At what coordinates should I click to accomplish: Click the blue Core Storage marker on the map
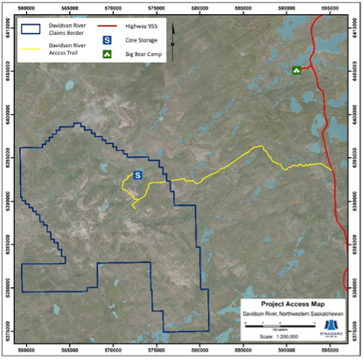(138, 174)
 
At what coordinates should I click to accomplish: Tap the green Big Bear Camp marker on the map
(296, 71)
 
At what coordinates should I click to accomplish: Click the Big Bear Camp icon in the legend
(107, 54)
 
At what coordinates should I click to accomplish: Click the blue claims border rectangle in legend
(33, 30)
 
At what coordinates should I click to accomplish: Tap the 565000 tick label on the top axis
(71, 8)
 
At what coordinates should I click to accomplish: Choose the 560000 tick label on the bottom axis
(28, 348)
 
